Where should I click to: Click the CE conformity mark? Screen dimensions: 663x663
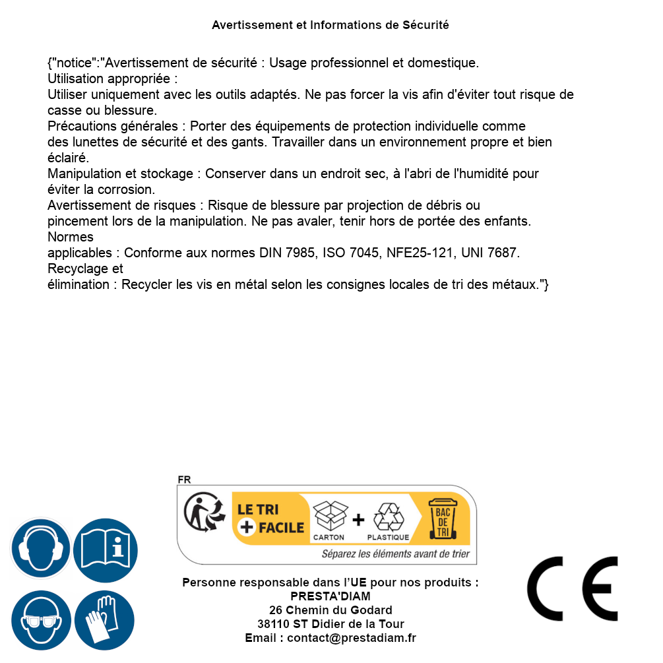click(573, 588)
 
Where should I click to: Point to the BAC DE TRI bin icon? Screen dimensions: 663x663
click(442, 519)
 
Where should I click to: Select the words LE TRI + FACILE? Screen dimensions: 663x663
click(270, 519)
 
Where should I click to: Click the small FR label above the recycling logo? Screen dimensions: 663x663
click(184, 480)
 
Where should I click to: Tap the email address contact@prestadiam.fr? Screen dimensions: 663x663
click(352, 638)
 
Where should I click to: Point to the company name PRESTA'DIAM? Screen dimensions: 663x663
click(331, 596)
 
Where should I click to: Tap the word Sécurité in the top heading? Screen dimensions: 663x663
click(426, 25)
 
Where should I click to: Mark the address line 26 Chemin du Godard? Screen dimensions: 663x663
click(331, 610)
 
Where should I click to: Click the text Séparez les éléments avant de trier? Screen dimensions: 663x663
click(395, 554)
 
